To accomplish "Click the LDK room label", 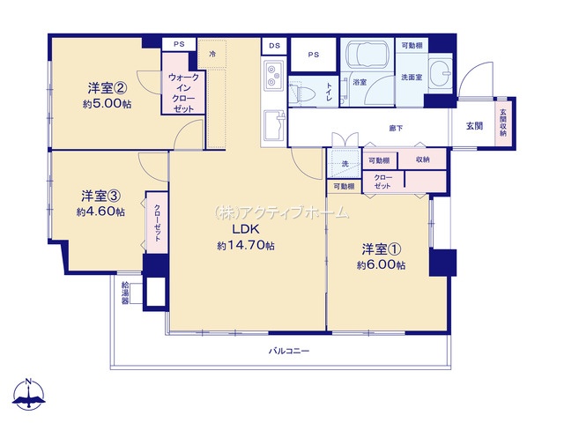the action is pos(246,229).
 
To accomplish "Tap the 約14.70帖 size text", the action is pos(246,246).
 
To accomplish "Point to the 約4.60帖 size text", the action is pos(100,211).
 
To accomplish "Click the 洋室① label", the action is pos(382,249).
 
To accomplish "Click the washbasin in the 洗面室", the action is pos(441,73).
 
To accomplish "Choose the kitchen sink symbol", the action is pos(275,125).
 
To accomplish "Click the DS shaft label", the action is pos(274,46).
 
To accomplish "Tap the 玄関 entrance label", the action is pos(474,126).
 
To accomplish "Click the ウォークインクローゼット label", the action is pos(183,93).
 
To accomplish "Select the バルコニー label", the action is pos(289,351).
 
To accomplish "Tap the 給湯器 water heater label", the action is pos(125,293).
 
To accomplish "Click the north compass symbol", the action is pos(29,395).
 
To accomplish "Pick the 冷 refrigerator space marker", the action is pos(212,55).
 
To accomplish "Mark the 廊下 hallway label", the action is pos(396,128).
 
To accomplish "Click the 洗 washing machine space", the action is pos(345,164).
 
